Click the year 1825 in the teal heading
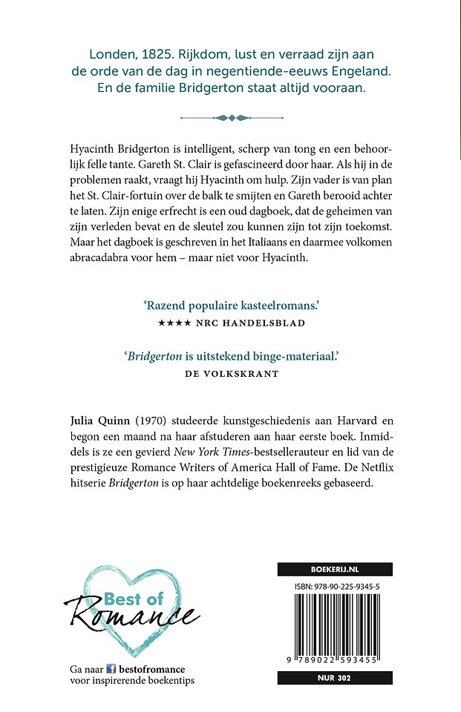(157, 54)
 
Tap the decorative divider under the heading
(231, 116)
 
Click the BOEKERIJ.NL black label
(335, 570)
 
